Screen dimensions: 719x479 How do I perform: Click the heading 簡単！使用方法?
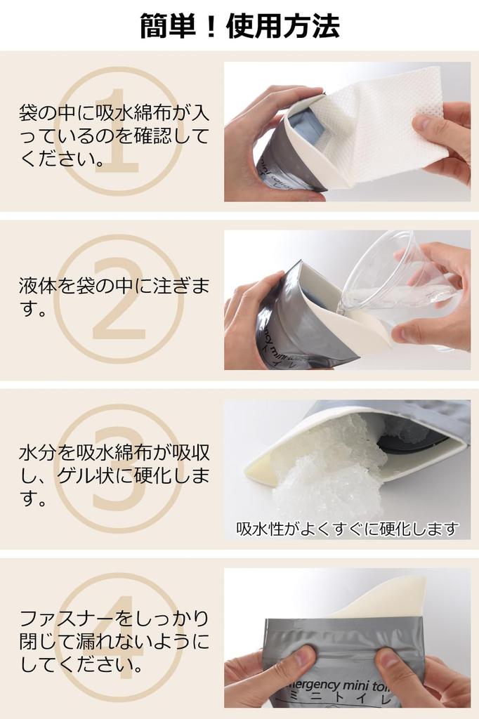(240, 26)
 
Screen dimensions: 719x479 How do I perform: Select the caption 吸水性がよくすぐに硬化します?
(347, 529)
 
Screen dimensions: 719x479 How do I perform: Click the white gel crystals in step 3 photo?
(330, 470)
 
